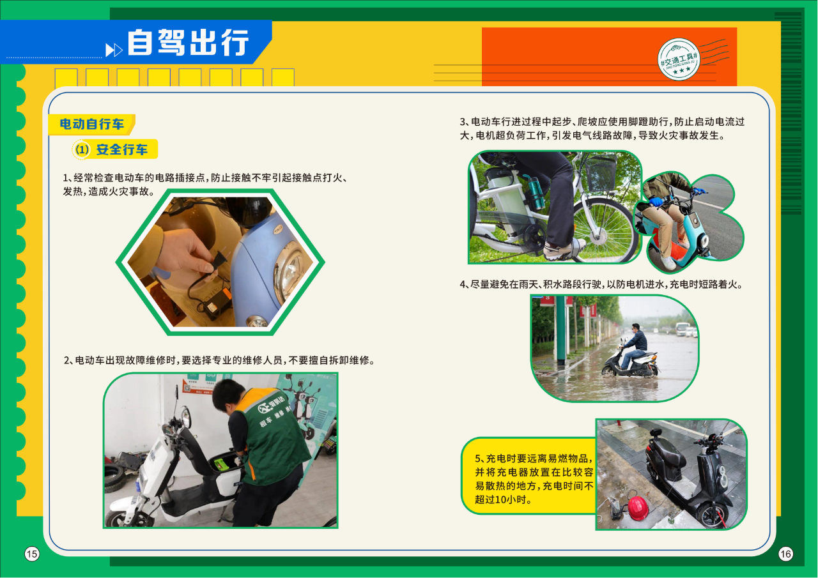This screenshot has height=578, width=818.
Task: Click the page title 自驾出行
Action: pos(188,43)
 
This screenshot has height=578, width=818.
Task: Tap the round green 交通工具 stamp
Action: pos(679,59)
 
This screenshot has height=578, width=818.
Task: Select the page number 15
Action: pos(32,554)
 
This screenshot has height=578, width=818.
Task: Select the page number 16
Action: pos(785,554)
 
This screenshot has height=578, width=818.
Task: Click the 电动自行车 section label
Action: pos(91,124)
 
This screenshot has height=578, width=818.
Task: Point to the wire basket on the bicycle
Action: pos(601,172)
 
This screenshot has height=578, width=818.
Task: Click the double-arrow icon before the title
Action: pos(114,50)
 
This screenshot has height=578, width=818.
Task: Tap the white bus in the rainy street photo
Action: pos(682,329)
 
